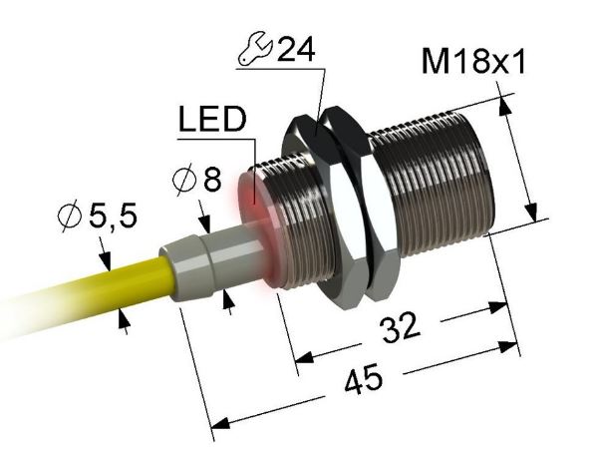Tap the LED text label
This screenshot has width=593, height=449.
[211, 120]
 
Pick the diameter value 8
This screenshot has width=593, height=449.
[210, 181]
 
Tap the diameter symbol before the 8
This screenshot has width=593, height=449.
[183, 182]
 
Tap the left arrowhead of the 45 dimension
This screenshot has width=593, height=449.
[212, 421]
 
